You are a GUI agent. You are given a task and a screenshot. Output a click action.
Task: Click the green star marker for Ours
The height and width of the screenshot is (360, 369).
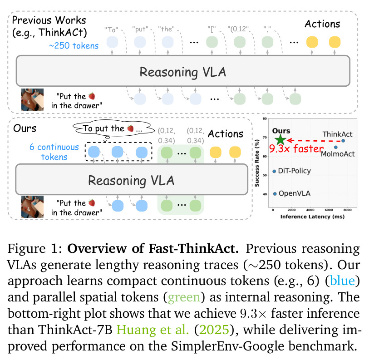tap(280, 140)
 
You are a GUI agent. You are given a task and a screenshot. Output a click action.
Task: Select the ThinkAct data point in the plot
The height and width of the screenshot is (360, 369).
tap(343, 141)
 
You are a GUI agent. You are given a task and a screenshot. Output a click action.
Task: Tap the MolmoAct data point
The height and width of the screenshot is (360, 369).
tap(336, 147)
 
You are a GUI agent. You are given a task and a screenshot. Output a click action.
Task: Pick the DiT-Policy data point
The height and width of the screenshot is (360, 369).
tap(274, 171)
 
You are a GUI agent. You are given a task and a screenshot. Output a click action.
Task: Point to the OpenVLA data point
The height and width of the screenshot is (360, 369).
tap(275, 194)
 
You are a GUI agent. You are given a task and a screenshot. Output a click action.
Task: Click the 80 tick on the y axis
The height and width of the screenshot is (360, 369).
tap(265, 118)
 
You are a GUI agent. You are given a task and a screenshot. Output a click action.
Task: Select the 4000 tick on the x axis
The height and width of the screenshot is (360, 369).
tap(310, 210)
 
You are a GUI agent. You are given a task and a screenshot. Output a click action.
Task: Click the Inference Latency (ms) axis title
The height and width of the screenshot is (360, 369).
tap(313, 217)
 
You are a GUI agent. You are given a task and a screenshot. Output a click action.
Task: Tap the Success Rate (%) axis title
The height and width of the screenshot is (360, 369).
tap(257, 163)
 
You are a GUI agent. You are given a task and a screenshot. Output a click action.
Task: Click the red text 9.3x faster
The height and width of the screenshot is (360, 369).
tap(296, 149)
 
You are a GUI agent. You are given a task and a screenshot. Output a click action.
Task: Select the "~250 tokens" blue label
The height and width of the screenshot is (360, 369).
tap(74, 46)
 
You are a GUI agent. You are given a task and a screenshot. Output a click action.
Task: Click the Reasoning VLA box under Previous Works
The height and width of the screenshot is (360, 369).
tap(183, 71)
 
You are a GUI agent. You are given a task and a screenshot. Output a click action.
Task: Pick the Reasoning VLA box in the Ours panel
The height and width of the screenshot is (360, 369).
tap(132, 180)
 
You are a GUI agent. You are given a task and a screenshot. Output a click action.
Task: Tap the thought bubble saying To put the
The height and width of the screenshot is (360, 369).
tap(113, 128)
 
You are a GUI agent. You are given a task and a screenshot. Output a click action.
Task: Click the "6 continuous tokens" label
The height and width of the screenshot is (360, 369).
tap(54, 152)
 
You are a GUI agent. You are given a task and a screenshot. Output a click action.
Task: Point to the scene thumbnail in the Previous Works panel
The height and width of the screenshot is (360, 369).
tap(33, 100)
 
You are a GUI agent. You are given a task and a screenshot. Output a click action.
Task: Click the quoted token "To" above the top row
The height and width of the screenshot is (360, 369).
tap(111, 30)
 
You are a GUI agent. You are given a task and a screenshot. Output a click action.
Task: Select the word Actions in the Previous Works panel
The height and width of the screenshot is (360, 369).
tap(322, 24)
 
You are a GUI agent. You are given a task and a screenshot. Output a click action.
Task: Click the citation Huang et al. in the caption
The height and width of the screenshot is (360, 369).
tap(153, 330)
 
